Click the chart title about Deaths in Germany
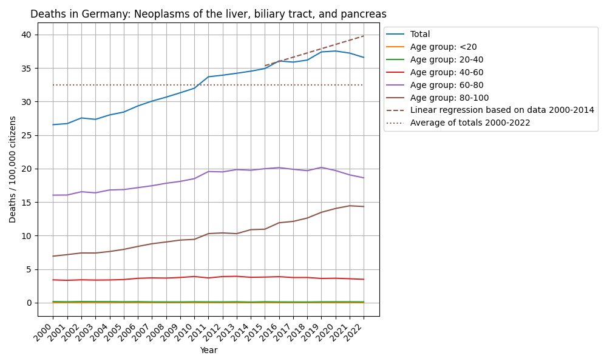(208, 14)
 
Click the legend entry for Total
(420, 35)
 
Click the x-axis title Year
(208, 350)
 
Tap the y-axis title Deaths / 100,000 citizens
(13, 169)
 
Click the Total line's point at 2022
(364, 58)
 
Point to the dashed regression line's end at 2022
(364, 36)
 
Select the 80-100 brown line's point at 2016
(279, 223)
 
